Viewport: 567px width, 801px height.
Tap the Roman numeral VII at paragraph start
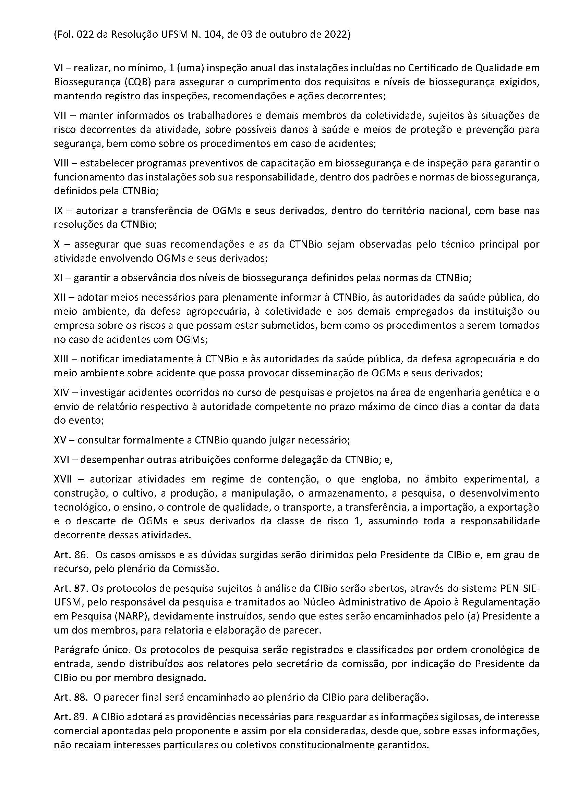[61, 115]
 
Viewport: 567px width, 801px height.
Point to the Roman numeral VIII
[63, 163]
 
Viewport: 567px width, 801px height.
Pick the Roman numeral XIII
[63, 359]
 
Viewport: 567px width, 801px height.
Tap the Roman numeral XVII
[63, 479]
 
